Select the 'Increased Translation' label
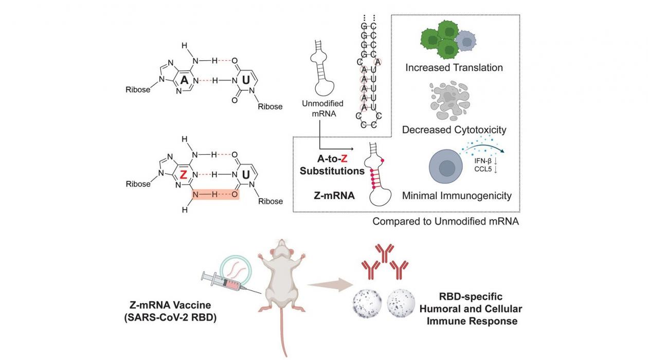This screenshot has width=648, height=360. click(454, 67)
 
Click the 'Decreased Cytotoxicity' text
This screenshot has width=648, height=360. click(454, 130)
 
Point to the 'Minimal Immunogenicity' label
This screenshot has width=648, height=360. click(457, 195)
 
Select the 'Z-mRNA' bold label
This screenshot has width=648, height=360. click(334, 195)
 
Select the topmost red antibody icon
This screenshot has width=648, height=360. click(384, 251)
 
